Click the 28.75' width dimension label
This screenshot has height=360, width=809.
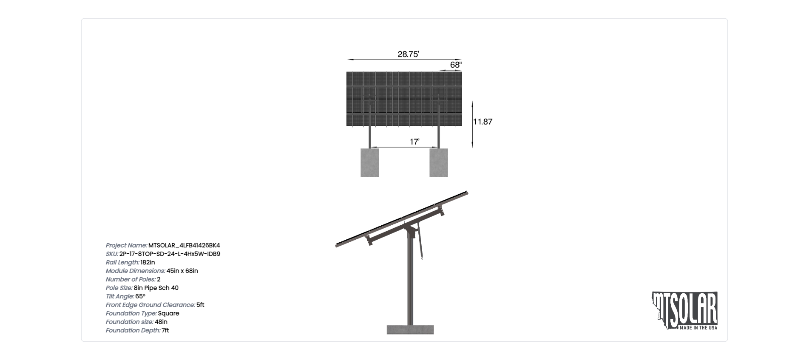click(408, 54)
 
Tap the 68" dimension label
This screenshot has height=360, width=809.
click(456, 65)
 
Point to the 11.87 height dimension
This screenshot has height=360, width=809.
click(483, 122)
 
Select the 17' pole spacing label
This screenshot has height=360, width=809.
click(414, 142)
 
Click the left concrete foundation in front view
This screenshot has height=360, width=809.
click(370, 162)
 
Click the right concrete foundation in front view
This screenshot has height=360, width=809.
click(439, 162)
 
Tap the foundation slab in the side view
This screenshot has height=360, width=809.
click(410, 330)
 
